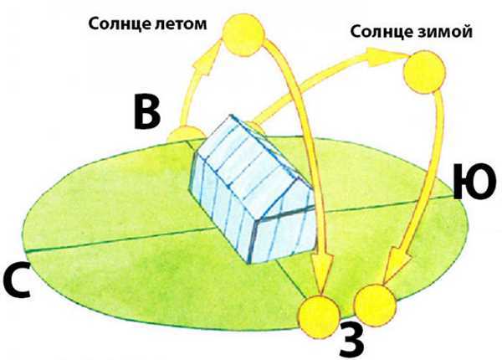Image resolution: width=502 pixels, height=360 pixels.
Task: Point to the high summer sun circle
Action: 244,34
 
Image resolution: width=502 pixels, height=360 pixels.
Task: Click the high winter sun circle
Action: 425,72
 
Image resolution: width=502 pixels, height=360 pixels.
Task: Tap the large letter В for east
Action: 146,112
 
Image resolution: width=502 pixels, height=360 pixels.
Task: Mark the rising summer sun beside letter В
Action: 187,135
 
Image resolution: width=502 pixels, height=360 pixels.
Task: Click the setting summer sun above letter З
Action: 318,317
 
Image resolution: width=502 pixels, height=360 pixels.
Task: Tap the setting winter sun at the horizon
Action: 375,305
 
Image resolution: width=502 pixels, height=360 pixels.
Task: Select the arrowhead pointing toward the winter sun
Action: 384,57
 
